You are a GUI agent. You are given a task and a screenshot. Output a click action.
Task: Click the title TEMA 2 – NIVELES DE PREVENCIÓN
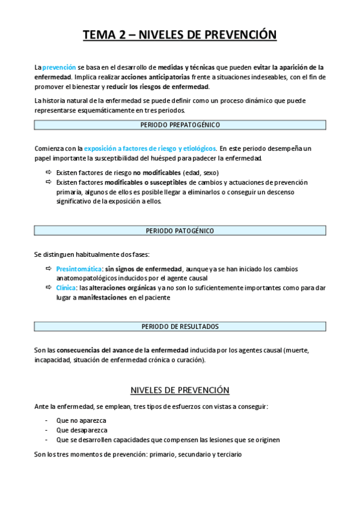(180, 35)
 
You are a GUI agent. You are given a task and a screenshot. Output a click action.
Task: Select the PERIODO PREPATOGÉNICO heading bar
(180, 125)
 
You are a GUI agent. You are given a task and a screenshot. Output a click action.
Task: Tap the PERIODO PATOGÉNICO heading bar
(180, 230)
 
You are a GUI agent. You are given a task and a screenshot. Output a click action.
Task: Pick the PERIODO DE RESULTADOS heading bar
(180, 327)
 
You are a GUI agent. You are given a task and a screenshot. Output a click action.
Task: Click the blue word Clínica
(66, 288)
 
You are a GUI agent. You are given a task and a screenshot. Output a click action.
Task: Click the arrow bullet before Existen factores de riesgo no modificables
(49, 172)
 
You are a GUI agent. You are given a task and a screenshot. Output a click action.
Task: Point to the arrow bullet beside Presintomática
(49, 269)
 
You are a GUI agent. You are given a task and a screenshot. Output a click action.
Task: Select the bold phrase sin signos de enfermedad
(143, 269)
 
